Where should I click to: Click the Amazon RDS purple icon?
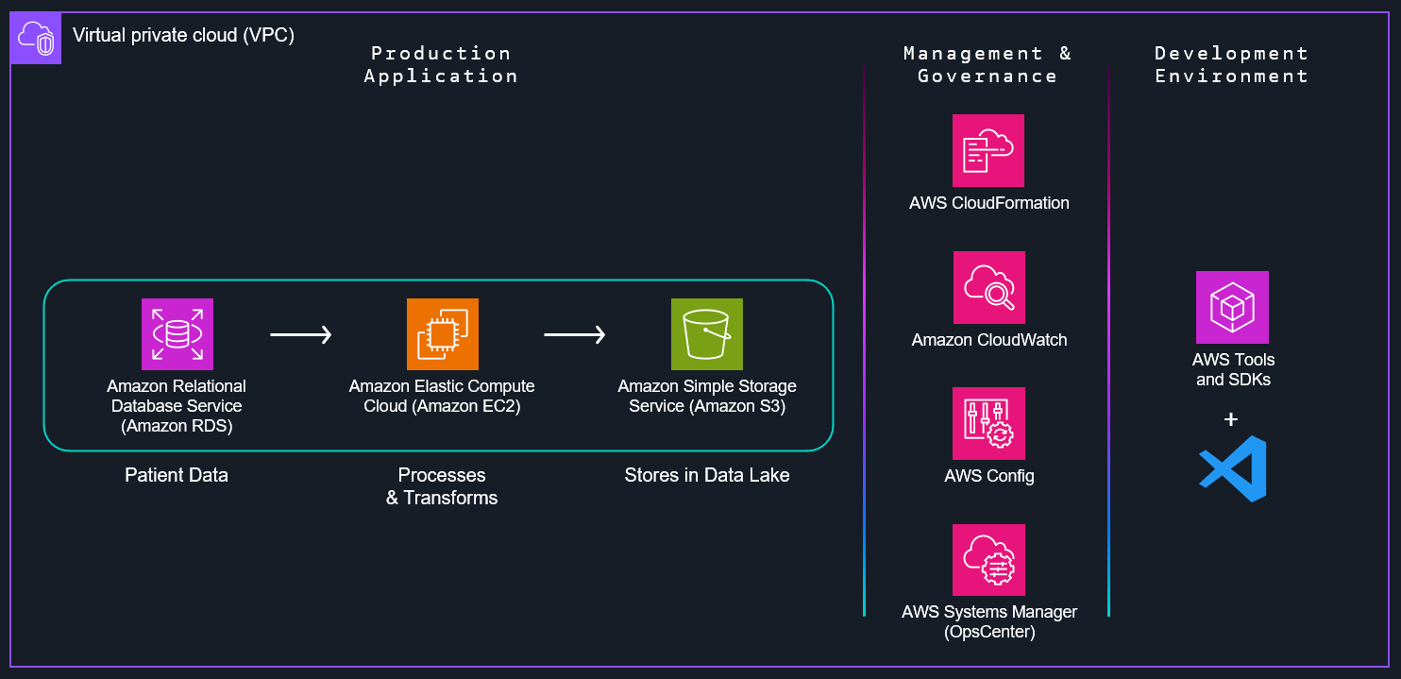pyautogui.click(x=177, y=333)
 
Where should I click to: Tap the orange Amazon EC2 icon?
pyautogui.click(x=442, y=333)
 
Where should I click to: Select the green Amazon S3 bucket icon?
pyautogui.click(x=706, y=333)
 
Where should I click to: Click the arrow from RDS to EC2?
pyautogui.click(x=301, y=334)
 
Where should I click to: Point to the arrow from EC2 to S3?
pyautogui.click(x=575, y=334)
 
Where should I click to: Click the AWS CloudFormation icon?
pyautogui.click(x=988, y=150)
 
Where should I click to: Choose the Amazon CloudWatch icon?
pyautogui.click(x=988, y=287)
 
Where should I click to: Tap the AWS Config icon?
pyautogui.click(x=988, y=423)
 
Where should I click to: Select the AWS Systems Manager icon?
pyautogui.click(x=988, y=560)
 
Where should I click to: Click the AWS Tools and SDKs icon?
pyautogui.click(x=1232, y=307)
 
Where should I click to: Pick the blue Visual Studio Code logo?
pyautogui.click(x=1232, y=468)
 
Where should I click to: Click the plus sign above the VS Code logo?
pyautogui.click(x=1231, y=419)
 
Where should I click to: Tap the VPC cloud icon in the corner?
pyautogui.click(x=36, y=39)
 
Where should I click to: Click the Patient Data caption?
pyautogui.click(x=177, y=475)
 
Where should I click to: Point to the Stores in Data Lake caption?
pyautogui.click(x=706, y=475)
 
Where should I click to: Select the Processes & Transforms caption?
pyautogui.click(x=442, y=486)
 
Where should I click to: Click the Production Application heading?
pyautogui.click(x=441, y=64)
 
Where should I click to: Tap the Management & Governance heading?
pyautogui.click(x=987, y=64)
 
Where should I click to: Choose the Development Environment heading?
pyautogui.click(x=1231, y=64)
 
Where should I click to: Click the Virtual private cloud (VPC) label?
pyautogui.click(x=183, y=36)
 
